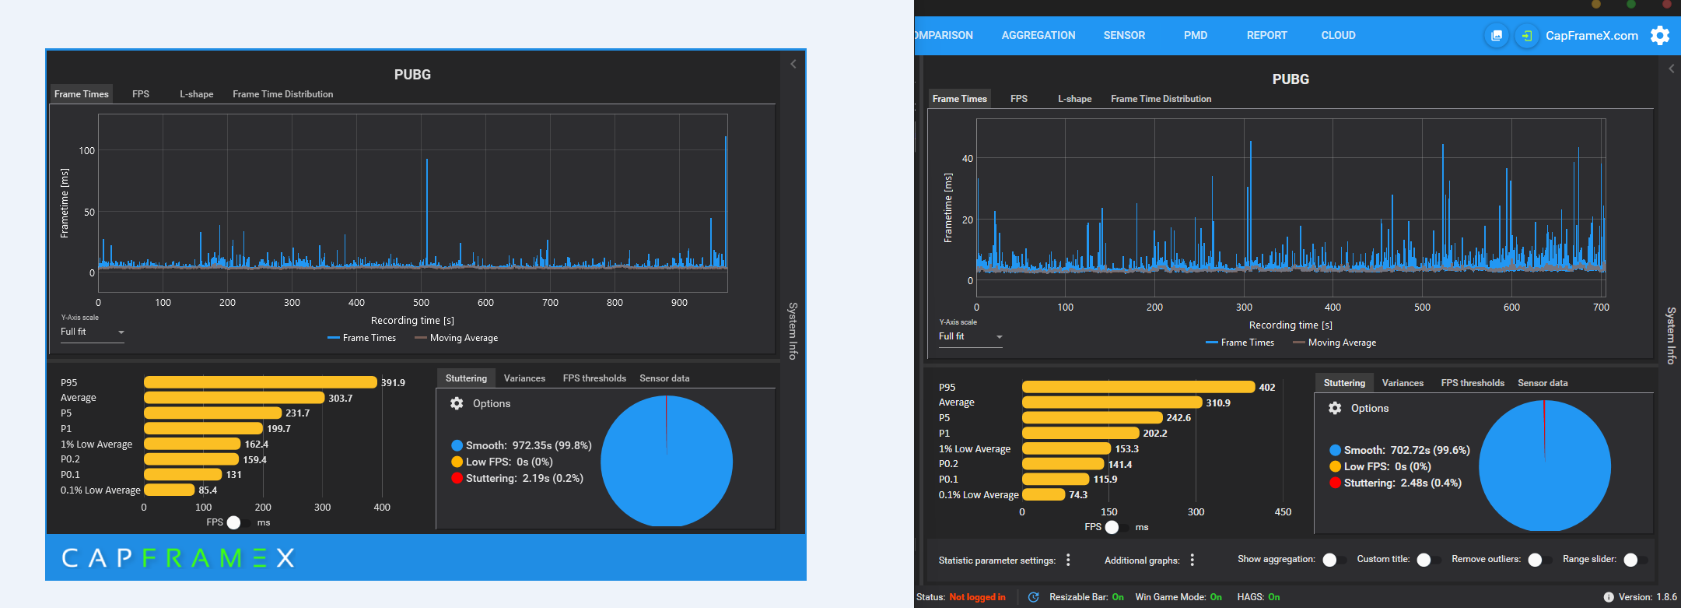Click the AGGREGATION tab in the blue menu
tap(1038, 35)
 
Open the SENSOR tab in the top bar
tap(1124, 35)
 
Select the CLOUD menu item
tap(1338, 35)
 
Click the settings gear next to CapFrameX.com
tap(1660, 35)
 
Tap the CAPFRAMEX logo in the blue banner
tap(178, 557)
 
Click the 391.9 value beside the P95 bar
tap(393, 382)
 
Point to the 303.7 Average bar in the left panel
tap(234, 398)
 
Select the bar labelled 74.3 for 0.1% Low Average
tap(1043, 494)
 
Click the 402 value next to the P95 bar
tap(1267, 387)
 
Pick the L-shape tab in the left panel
tap(197, 94)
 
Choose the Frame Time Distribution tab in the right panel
tap(1161, 99)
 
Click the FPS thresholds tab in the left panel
tap(594, 378)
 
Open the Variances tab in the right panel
tap(1403, 383)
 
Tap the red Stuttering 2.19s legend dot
tap(457, 478)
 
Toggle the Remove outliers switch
tap(1538, 560)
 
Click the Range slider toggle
tap(1634, 560)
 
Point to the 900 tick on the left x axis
tap(679, 303)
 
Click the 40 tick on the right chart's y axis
tap(967, 158)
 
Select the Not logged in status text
tap(977, 597)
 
